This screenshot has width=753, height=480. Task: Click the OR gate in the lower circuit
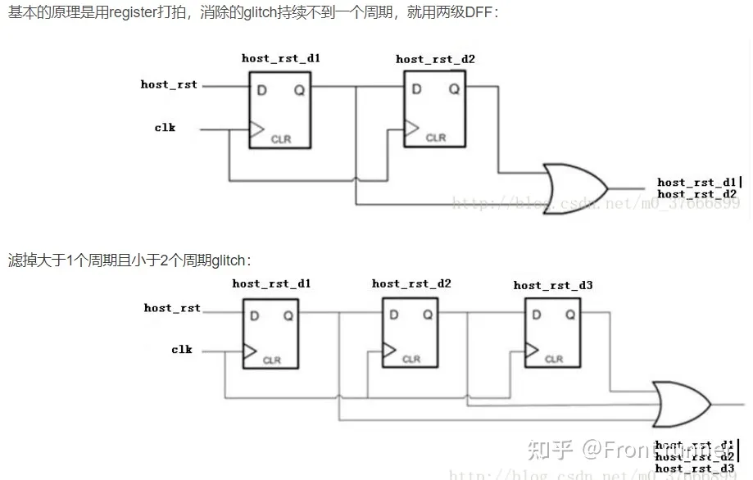(x=679, y=403)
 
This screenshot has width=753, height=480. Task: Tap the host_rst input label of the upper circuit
(x=169, y=84)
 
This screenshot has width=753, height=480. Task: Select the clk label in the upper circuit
(x=165, y=128)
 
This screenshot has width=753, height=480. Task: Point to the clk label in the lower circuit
(x=182, y=350)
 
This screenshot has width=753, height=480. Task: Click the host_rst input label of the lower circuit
(x=172, y=308)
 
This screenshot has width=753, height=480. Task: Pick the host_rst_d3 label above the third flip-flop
(x=553, y=285)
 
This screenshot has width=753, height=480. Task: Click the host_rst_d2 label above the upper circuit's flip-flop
(x=435, y=59)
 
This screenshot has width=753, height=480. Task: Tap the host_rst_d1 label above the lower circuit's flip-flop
(x=271, y=283)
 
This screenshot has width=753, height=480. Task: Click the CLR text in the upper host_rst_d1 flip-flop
(x=281, y=139)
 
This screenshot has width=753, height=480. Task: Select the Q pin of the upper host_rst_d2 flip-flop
(x=453, y=88)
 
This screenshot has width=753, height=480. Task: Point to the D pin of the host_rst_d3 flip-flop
(x=537, y=315)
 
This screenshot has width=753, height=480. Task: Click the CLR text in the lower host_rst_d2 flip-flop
(x=411, y=359)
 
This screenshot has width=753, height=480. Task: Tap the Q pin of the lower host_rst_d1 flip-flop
(x=288, y=315)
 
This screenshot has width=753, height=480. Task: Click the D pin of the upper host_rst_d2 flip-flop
(x=416, y=88)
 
